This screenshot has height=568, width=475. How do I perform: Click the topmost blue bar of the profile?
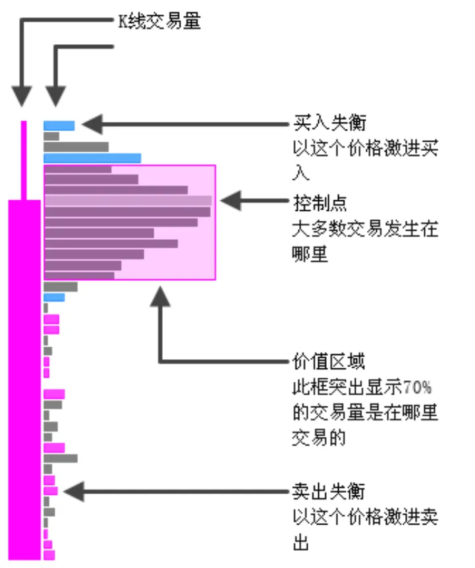59,125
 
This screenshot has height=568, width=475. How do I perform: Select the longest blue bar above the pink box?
92,158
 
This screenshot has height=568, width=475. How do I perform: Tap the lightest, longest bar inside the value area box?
128,201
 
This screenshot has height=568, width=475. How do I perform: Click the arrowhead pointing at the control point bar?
230,201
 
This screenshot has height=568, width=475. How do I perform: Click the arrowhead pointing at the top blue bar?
91,123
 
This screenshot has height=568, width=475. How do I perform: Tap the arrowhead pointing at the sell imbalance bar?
72,491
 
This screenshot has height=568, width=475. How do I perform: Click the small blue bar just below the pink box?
54,297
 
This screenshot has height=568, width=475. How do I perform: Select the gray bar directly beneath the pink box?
61,287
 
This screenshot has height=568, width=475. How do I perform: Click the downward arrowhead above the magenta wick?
22,96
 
